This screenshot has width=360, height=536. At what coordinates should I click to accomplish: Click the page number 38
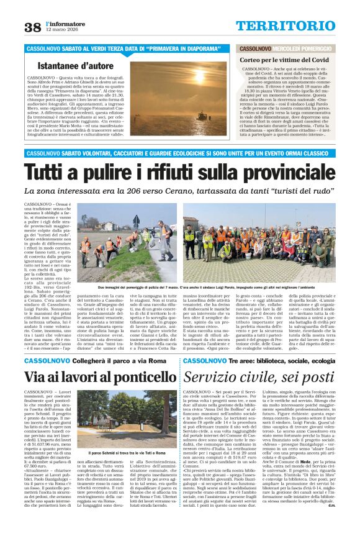click(32, 27)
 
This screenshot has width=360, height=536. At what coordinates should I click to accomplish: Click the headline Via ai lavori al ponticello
click(92, 378)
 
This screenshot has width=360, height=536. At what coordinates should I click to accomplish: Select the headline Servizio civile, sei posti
click(259, 378)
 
